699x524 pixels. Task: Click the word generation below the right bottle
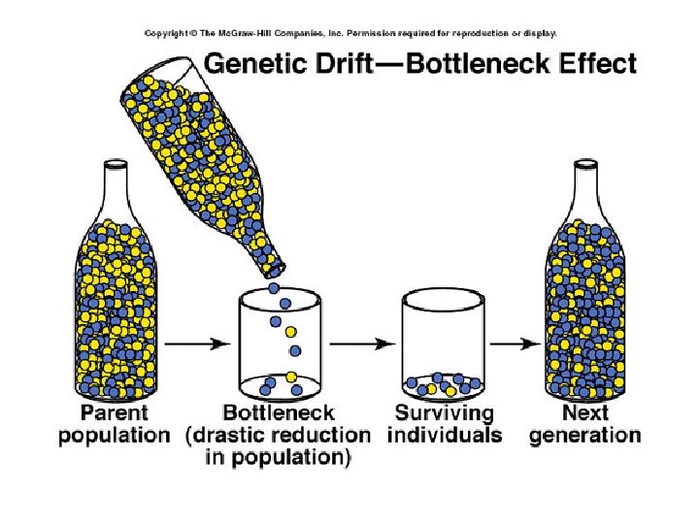[x=584, y=435]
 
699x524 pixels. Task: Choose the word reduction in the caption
[x=321, y=435]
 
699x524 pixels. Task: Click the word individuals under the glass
[x=445, y=435]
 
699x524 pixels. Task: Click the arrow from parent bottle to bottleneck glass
[x=195, y=343]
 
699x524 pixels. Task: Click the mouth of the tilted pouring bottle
[x=275, y=265]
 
